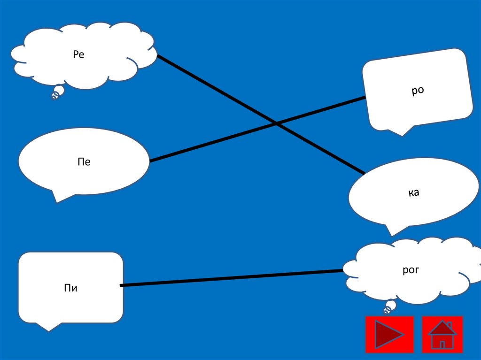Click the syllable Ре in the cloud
78,55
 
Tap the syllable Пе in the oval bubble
84,162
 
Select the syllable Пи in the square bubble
70,288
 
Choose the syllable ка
413,192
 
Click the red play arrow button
389,334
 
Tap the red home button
442,334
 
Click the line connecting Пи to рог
230,278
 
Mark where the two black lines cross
276,123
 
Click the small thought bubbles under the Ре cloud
57,92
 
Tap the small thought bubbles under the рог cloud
389,307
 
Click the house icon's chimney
449,325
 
